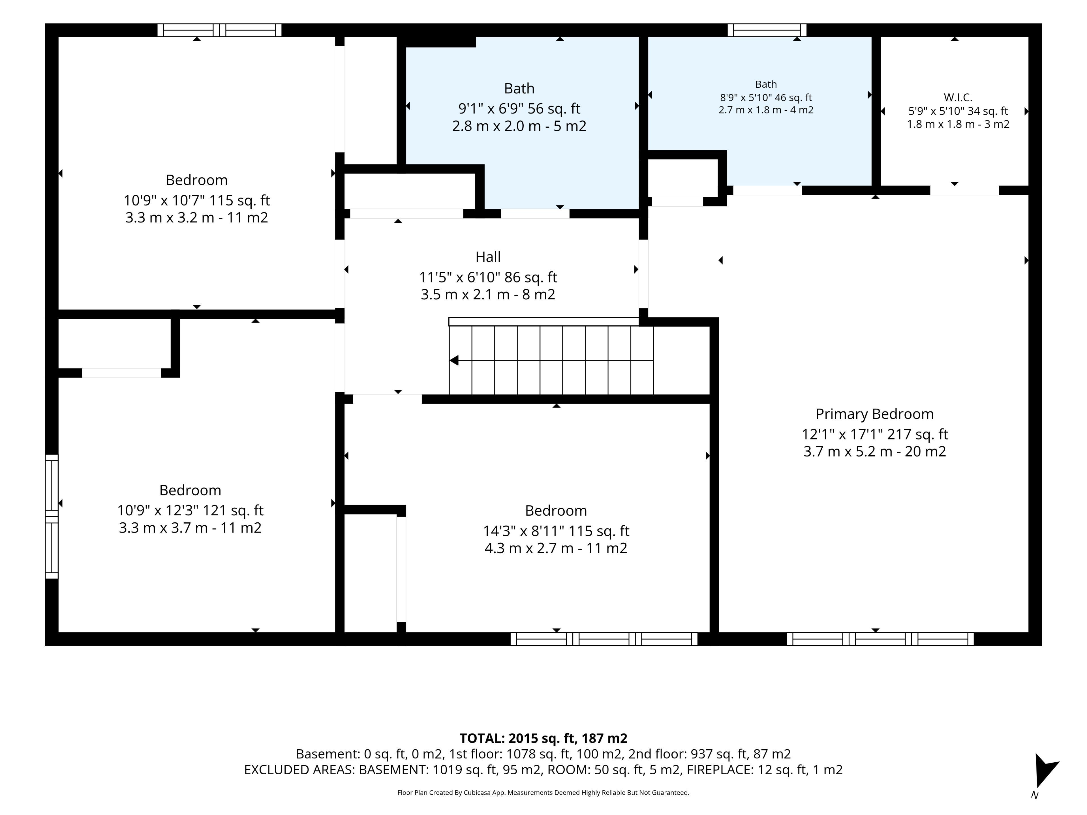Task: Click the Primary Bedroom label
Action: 875,414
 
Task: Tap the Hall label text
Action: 488,257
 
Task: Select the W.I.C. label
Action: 958,97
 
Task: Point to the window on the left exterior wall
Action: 52,516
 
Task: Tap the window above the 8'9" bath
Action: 767,30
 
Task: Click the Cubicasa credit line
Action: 543,792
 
